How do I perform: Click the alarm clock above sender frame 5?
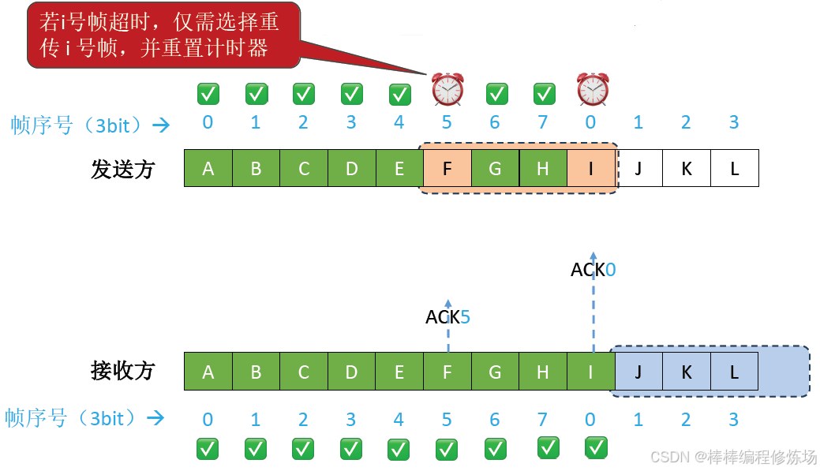click(447, 89)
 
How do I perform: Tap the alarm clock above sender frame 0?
click(592, 89)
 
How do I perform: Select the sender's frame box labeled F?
click(447, 168)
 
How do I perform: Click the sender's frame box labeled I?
click(590, 168)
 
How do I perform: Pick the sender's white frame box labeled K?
click(687, 168)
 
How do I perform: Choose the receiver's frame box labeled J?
click(638, 372)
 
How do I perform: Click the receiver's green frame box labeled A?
click(208, 372)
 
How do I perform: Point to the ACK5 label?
click(447, 317)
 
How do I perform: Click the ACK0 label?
click(593, 270)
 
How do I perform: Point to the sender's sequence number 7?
click(543, 123)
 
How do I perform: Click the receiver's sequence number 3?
click(734, 420)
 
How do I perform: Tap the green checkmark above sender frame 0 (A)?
click(208, 95)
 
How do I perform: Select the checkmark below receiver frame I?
click(596, 447)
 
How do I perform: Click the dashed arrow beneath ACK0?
click(593, 316)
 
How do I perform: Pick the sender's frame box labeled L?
click(735, 168)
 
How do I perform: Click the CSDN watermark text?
click(733, 457)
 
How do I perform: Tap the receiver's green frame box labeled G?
click(495, 372)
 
